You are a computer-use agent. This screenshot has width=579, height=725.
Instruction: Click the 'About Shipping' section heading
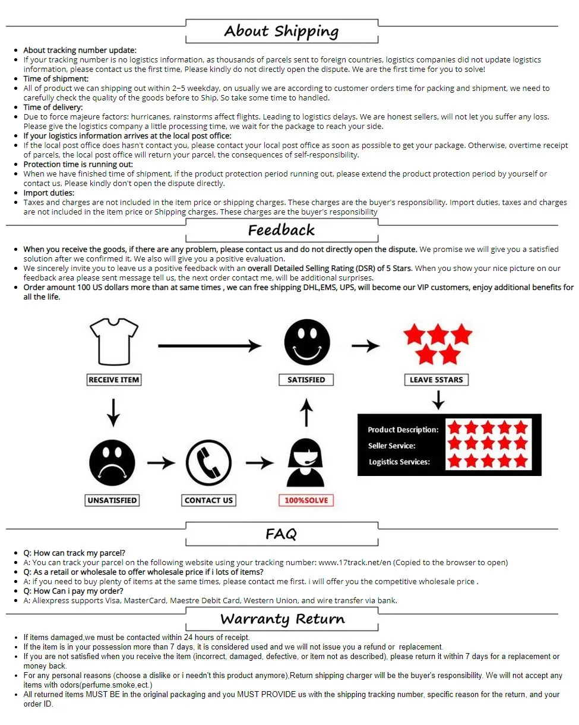tap(281, 31)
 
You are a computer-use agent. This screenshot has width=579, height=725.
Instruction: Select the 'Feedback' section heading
tap(281, 230)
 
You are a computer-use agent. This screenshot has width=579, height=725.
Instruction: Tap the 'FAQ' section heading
tap(281, 534)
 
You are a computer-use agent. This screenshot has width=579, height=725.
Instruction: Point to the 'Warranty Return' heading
tap(282, 619)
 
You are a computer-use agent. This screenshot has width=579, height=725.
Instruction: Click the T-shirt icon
tap(113, 342)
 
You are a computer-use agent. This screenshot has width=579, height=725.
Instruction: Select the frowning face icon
tap(112, 463)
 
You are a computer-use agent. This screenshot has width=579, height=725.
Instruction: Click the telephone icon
tap(208, 463)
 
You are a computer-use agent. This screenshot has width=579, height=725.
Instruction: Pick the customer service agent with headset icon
tap(306, 463)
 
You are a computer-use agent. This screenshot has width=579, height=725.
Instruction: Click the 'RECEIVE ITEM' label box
tap(113, 380)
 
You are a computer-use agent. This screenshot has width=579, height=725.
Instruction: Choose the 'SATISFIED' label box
tap(306, 380)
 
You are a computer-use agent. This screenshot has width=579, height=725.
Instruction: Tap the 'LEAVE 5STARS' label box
tap(436, 380)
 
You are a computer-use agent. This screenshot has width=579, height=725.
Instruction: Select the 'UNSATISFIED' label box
tap(112, 500)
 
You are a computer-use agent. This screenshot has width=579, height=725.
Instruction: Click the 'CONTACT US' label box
tap(208, 500)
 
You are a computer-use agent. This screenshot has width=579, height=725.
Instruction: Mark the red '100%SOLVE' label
tap(306, 500)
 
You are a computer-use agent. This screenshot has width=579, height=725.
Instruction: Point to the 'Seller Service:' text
tap(392, 446)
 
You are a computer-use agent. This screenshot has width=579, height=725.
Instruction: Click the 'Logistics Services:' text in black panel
tap(399, 462)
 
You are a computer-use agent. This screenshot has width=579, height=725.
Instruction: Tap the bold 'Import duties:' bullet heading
tap(49, 193)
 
